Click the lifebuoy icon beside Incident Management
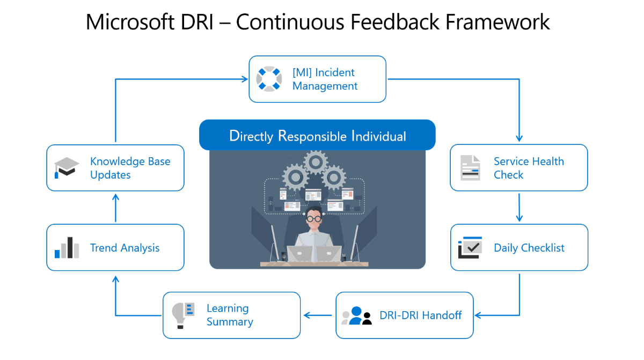pyautogui.click(x=269, y=79)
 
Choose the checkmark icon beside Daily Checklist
pyautogui.click(x=470, y=248)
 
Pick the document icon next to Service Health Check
pyautogui.click(x=471, y=168)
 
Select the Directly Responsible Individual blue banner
pyautogui.click(x=317, y=135)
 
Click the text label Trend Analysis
pyautogui.click(x=125, y=248)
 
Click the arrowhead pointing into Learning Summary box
pyautogui.click(x=307, y=315)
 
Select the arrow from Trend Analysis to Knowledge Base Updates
pyautogui.click(x=115, y=208)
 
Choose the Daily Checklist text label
pyautogui.click(x=529, y=248)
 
